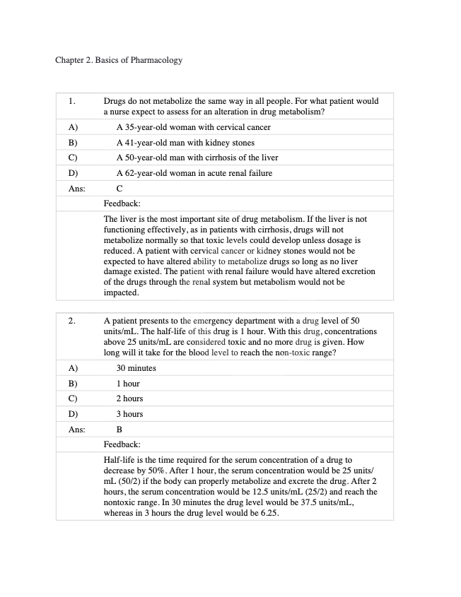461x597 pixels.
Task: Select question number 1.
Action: coord(72,102)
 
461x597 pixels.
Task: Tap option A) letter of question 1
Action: coord(72,127)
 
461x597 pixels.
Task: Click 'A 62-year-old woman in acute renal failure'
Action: coord(194,173)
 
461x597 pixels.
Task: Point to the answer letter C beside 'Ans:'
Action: coord(119,189)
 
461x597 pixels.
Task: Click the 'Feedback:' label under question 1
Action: coord(122,203)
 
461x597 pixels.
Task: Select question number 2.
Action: coord(72,321)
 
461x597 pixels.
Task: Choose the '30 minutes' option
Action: coord(136,368)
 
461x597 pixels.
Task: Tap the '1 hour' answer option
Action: coord(128,384)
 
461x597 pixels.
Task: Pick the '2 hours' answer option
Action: coord(129,398)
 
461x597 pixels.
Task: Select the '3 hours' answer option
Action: coord(129,414)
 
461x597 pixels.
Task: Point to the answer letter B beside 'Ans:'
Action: coord(119,429)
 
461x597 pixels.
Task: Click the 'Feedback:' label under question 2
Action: coord(122,444)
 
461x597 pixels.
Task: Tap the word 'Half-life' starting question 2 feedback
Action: coord(120,460)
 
